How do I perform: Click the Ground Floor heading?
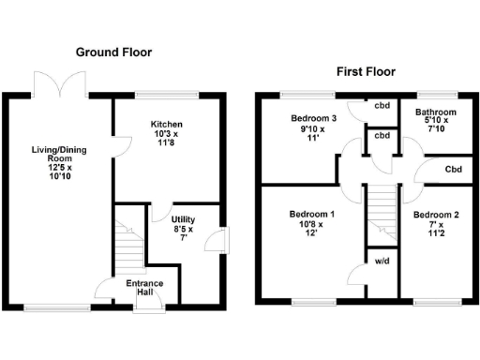(x=113, y=52)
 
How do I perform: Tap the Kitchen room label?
(x=166, y=125)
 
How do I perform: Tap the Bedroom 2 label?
(x=436, y=215)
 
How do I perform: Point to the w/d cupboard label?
(x=381, y=262)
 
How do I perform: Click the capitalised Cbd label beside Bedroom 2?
(x=454, y=170)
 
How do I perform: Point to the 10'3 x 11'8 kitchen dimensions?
(x=166, y=141)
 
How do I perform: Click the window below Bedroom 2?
(x=434, y=302)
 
